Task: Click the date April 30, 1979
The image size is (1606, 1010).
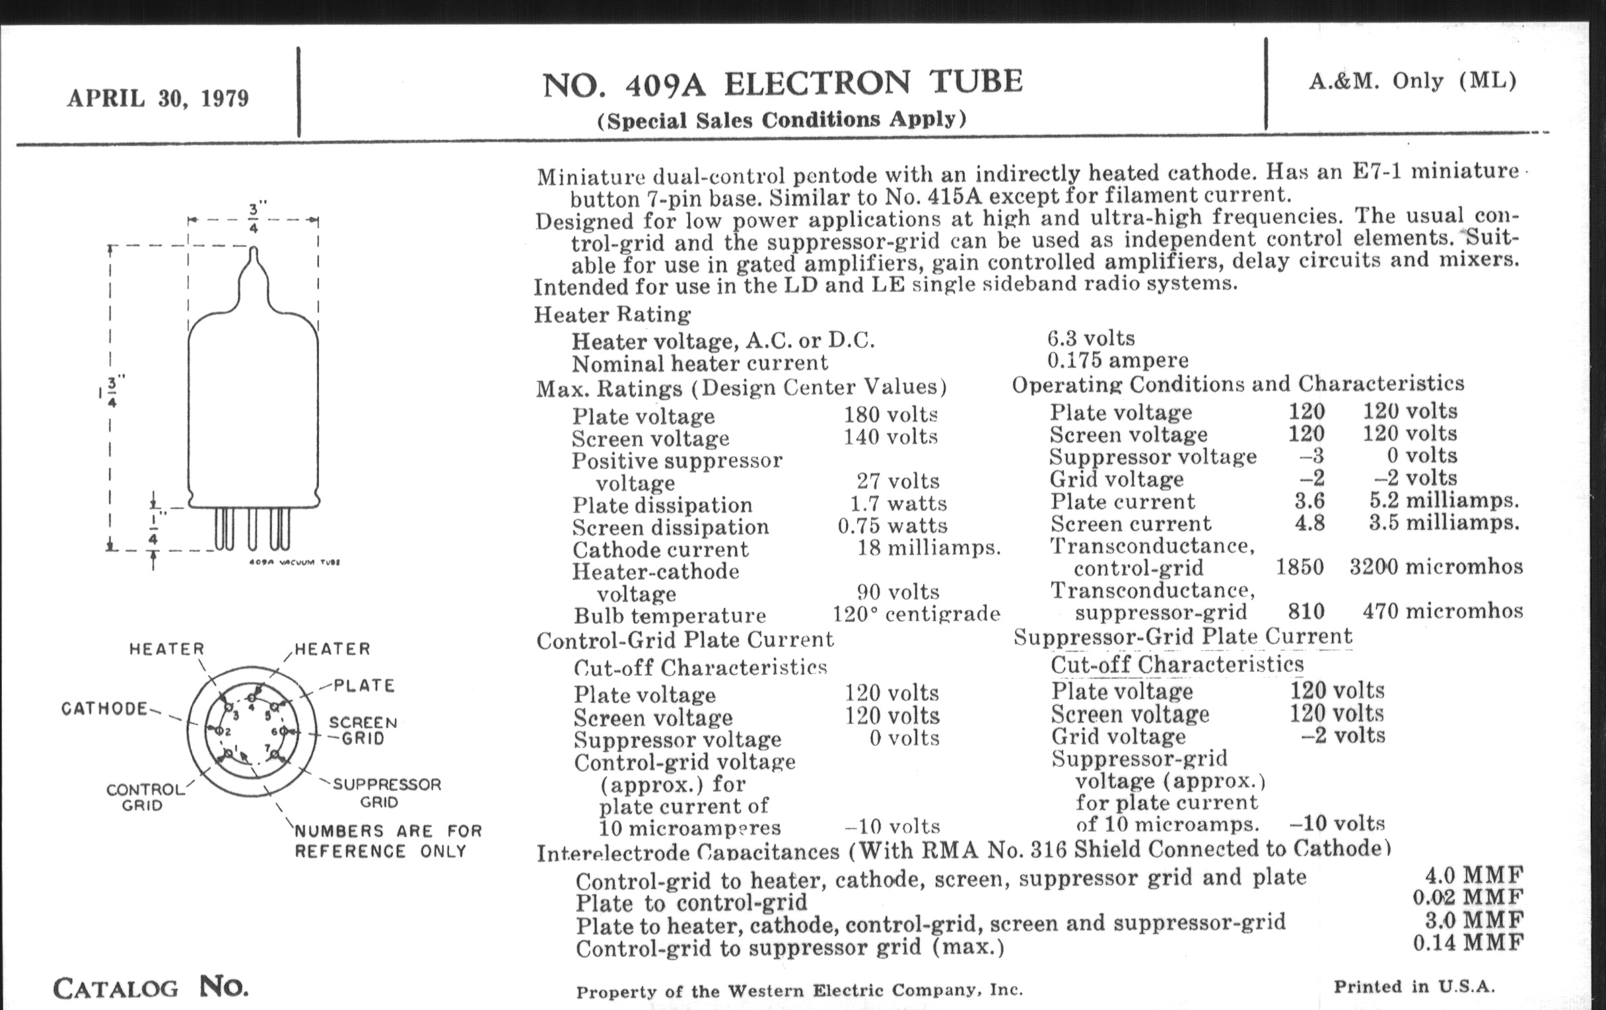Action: coord(158,98)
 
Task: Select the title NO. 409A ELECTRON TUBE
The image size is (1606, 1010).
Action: coord(783,83)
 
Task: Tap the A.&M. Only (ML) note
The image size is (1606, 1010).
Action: coord(1413,81)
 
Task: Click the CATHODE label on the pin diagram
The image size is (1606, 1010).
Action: coord(105,708)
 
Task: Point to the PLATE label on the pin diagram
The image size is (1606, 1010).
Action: coord(364,685)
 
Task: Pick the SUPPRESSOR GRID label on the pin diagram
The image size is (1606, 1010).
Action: coord(387,793)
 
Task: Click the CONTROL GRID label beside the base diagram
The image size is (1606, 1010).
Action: coord(145,797)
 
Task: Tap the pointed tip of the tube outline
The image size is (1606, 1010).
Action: coord(254,251)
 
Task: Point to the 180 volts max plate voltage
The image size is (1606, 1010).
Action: coord(891,415)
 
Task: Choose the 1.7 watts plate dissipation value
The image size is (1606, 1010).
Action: coord(897,503)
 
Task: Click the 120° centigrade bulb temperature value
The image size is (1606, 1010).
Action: coord(917,613)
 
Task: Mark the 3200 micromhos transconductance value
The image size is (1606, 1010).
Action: coord(1436,566)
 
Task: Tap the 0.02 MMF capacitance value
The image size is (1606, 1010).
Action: coord(1468,897)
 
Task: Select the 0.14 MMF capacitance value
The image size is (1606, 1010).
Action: coord(1468,943)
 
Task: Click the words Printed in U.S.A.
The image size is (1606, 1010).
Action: coord(1414,987)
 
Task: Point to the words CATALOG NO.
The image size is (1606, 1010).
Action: coord(151,988)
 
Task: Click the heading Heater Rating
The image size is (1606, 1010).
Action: coord(612,314)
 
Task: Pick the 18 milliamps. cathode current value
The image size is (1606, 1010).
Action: coord(928,548)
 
